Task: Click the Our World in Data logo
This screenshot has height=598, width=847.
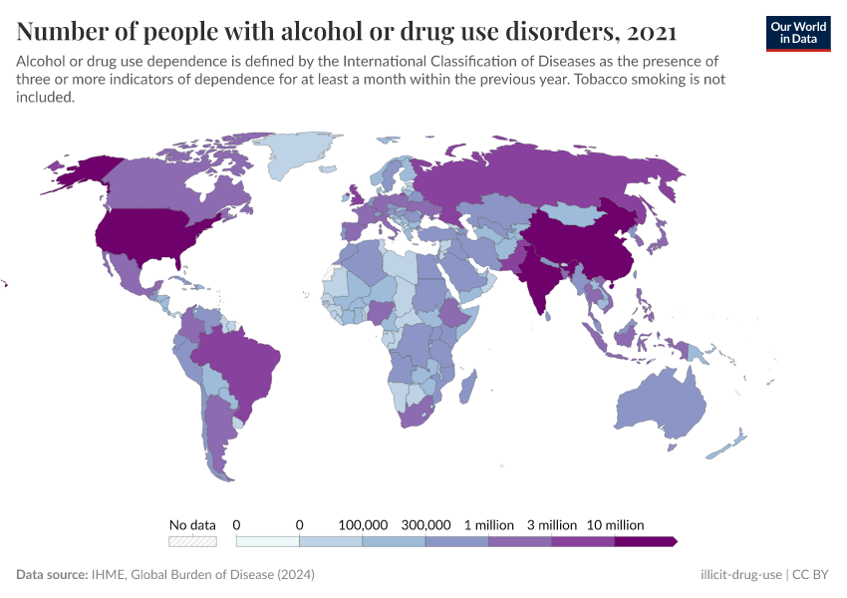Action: coord(797,33)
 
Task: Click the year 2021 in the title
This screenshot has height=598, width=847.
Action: coord(654,32)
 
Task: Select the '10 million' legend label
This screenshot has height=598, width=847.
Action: coord(616,524)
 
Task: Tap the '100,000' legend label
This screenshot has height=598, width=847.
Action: coord(363,524)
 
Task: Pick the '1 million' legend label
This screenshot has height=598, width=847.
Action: coord(488,524)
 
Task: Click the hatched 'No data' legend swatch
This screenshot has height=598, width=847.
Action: coord(192,541)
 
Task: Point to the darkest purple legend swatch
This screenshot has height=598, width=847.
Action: coord(645,541)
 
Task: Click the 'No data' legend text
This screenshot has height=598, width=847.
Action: coord(192,524)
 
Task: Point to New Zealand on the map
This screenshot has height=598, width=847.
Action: coord(732,443)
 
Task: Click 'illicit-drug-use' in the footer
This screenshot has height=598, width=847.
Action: coord(741,575)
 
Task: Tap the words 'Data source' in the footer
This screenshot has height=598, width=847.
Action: coord(52,575)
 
